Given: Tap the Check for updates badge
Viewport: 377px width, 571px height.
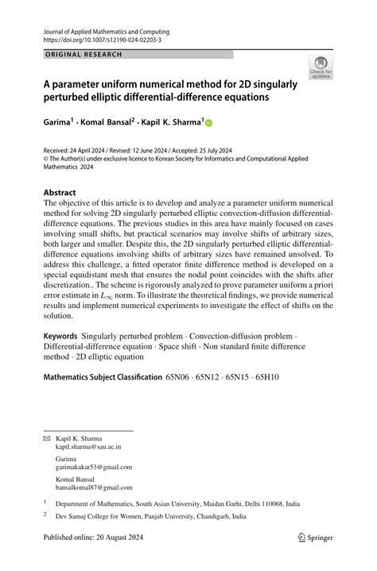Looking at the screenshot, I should pyautogui.click(x=321, y=68).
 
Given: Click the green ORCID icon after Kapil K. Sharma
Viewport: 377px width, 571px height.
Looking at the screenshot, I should pyautogui.click(x=209, y=123).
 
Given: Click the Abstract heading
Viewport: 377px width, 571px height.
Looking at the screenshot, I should pyautogui.click(x=60, y=193).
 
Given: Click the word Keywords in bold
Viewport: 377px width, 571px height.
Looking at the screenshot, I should pyautogui.click(x=64, y=338).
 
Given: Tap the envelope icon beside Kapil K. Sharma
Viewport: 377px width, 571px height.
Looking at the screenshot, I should pyautogui.click(x=45, y=438).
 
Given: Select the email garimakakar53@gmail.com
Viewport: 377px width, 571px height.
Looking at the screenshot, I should pyautogui.click(x=94, y=467).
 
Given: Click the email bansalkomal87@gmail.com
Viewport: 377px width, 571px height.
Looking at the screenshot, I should pyautogui.click(x=94, y=487).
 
